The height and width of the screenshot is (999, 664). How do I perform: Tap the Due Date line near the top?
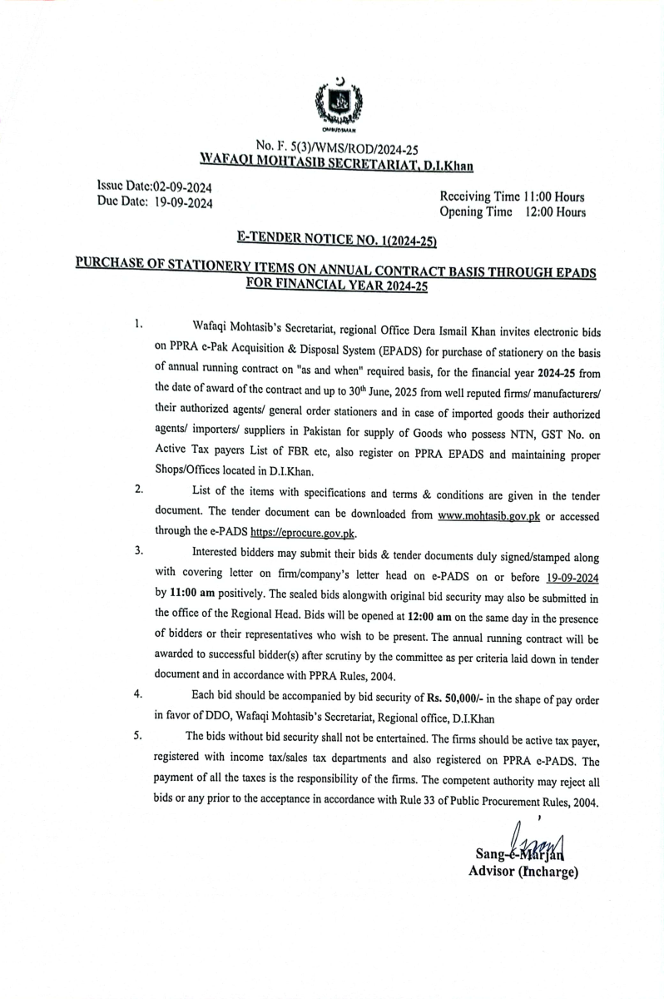[x=155, y=202]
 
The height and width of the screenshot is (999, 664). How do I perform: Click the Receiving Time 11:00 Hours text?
[x=511, y=197]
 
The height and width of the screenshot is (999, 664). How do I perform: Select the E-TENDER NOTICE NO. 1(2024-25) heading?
[x=337, y=240]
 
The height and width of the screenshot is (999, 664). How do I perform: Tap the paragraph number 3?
[x=139, y=551]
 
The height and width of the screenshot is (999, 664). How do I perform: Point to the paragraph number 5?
[x=139, y=735]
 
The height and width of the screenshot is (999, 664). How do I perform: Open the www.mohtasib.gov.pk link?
[x=489, y=515]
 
